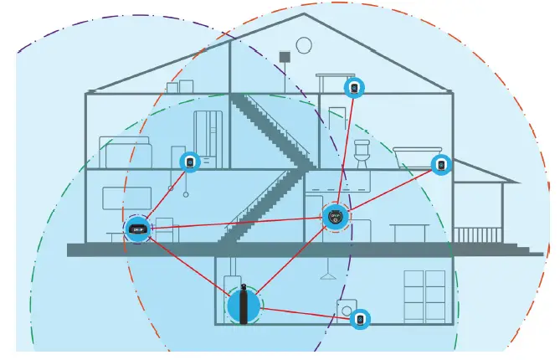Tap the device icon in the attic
pos(355,87)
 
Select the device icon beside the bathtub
pos(440,164)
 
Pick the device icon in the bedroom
pos(189,161)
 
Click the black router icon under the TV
pos(137,228)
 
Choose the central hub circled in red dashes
pos(335,216)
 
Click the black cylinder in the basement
pos(243,305)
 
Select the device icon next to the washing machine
pos(360,319)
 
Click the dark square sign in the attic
pos(285,57)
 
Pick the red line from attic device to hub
pos(345,151)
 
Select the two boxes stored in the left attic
pos(180,87)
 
